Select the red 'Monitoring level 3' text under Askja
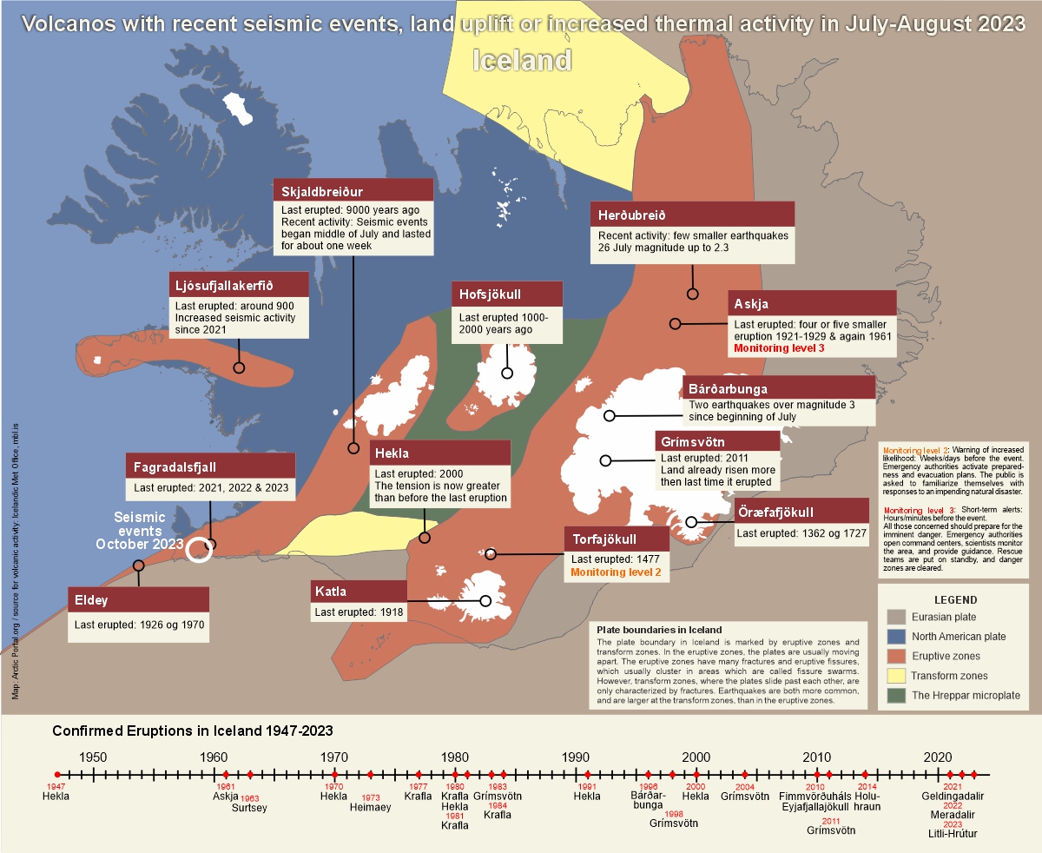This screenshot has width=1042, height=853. [x=778, y=347]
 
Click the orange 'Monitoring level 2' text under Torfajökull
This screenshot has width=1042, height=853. [x=616, y=572]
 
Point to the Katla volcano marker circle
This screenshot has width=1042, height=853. [x=485, y=600]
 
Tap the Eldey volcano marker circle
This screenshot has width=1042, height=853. [x=138, y=565]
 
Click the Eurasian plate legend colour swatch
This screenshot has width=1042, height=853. [x=896, y=617]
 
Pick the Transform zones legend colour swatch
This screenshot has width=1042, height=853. [x=896, y=675]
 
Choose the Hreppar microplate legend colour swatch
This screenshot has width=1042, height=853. [x=896, y=695]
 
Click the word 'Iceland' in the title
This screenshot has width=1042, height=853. [x=522, y=60]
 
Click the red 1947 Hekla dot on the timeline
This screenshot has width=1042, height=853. [x=57, y=774]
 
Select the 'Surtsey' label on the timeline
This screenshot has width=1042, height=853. [x=249, y=807]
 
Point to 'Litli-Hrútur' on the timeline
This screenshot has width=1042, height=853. [x=953, y=833]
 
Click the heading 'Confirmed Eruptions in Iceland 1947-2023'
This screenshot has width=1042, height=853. [x=193, y=731]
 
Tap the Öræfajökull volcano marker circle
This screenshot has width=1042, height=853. [x=691, y=522]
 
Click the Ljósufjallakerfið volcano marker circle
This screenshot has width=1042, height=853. [x=239, y=367]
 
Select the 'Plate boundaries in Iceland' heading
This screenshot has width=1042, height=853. [x=660, y=629]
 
